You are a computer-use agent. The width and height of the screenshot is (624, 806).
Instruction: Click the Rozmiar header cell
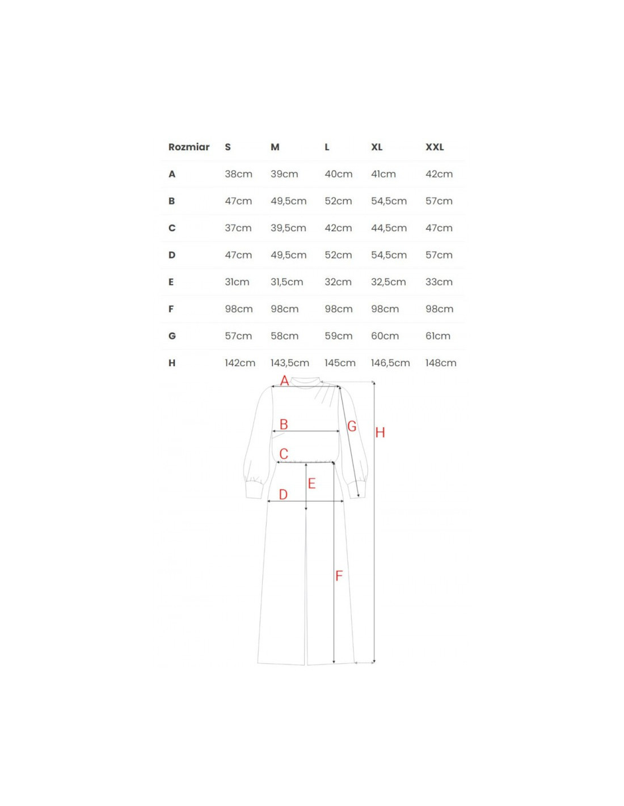(x=188, y=147)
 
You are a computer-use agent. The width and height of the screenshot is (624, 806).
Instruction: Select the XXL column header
(x=435, y=147)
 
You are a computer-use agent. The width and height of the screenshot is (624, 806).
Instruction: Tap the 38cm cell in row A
(x=238, y=174)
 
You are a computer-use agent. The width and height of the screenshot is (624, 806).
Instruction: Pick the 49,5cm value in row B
(x=288, y=201)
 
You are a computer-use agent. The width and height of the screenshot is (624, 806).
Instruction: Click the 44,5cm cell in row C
(x=389, y=228)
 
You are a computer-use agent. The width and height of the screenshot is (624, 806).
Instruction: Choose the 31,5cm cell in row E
(x=286, y=282)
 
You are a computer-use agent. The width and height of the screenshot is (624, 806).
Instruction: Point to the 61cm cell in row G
(x=438, y=336)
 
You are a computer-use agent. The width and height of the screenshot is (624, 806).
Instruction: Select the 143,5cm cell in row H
(x=289, y=363)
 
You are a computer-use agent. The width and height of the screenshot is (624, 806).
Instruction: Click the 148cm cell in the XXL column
(x=441, y=363)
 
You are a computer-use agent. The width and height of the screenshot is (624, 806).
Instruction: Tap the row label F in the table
(x=171, y=309)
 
